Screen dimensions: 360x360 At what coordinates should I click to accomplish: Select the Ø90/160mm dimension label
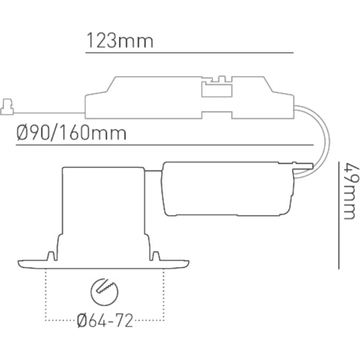click(71, 134)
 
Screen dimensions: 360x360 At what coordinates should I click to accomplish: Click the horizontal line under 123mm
click(189, 53)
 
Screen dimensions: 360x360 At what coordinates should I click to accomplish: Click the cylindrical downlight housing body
click(105, 203)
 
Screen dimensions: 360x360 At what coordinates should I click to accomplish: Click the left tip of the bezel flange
click(19, 263)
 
